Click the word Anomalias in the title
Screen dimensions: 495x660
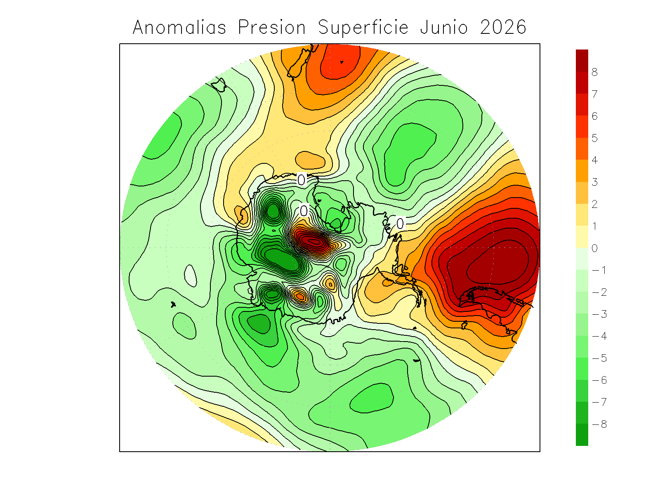(x=179, y=28)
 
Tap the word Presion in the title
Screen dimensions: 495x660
(x=272, y=28)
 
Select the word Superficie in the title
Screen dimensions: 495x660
(x=363, y=28)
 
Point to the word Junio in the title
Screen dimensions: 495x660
(x=444, y=28)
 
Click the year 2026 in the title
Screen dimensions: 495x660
(x=503, y=28)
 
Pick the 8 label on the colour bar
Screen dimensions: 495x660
(x=594, y=72)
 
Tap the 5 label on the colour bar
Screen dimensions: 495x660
(x=594, y=138)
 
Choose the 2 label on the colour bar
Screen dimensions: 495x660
(x=594, y=204)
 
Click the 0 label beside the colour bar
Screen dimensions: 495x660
(x=594, y=248)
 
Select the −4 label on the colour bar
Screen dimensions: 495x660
(x=599, y=336)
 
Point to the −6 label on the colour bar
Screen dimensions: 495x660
(x=599, y=380)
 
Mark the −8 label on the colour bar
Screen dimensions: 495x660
(x=599, y=424)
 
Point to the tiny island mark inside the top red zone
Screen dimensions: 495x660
(x=342, y=62)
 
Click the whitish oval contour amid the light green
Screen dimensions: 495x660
(x=190, y=276)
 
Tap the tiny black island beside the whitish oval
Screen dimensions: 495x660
(x=173, y=304)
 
